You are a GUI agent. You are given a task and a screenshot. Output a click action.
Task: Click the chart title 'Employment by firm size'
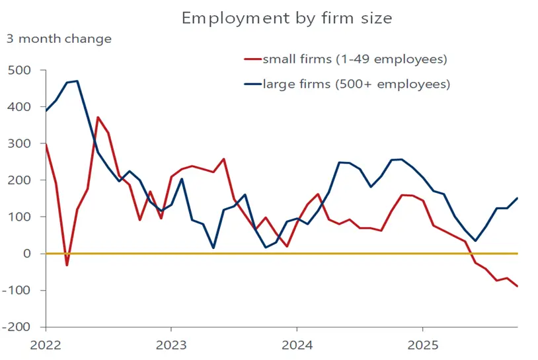(287, 18)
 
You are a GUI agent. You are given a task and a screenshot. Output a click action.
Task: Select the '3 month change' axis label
(59, 38)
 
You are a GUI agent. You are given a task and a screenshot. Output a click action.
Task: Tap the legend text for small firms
(355, 59)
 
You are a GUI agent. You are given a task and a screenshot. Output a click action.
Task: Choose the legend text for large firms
(356, 84)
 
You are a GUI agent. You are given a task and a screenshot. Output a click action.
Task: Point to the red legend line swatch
(252, 59)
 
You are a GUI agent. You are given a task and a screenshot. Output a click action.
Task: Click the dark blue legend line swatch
(252, 84)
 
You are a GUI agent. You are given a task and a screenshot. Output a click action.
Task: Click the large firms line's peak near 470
(77, 81)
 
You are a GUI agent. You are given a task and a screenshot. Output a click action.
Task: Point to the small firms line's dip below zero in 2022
(67, 265)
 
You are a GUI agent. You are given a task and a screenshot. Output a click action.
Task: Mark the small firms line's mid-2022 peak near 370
(98, 118)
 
